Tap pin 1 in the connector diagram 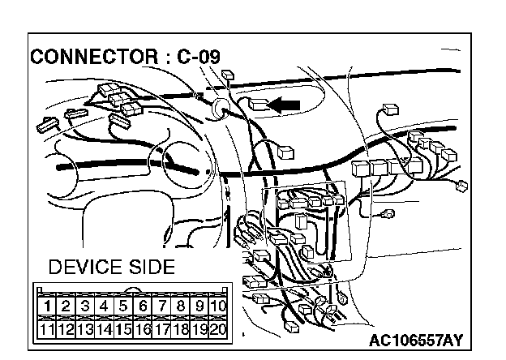click(x=49, y=306)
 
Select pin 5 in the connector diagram click(x=123, y=306)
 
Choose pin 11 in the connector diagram click(x=49, y=329)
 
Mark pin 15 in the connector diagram click(x=123, y=329)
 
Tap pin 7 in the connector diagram click(x=161, y=306)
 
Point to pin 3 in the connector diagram click(x=86, y=306)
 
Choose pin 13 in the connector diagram click(x=86, y=329)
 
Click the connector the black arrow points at click(x=258, y=104)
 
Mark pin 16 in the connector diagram click(x=142, y=329)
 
